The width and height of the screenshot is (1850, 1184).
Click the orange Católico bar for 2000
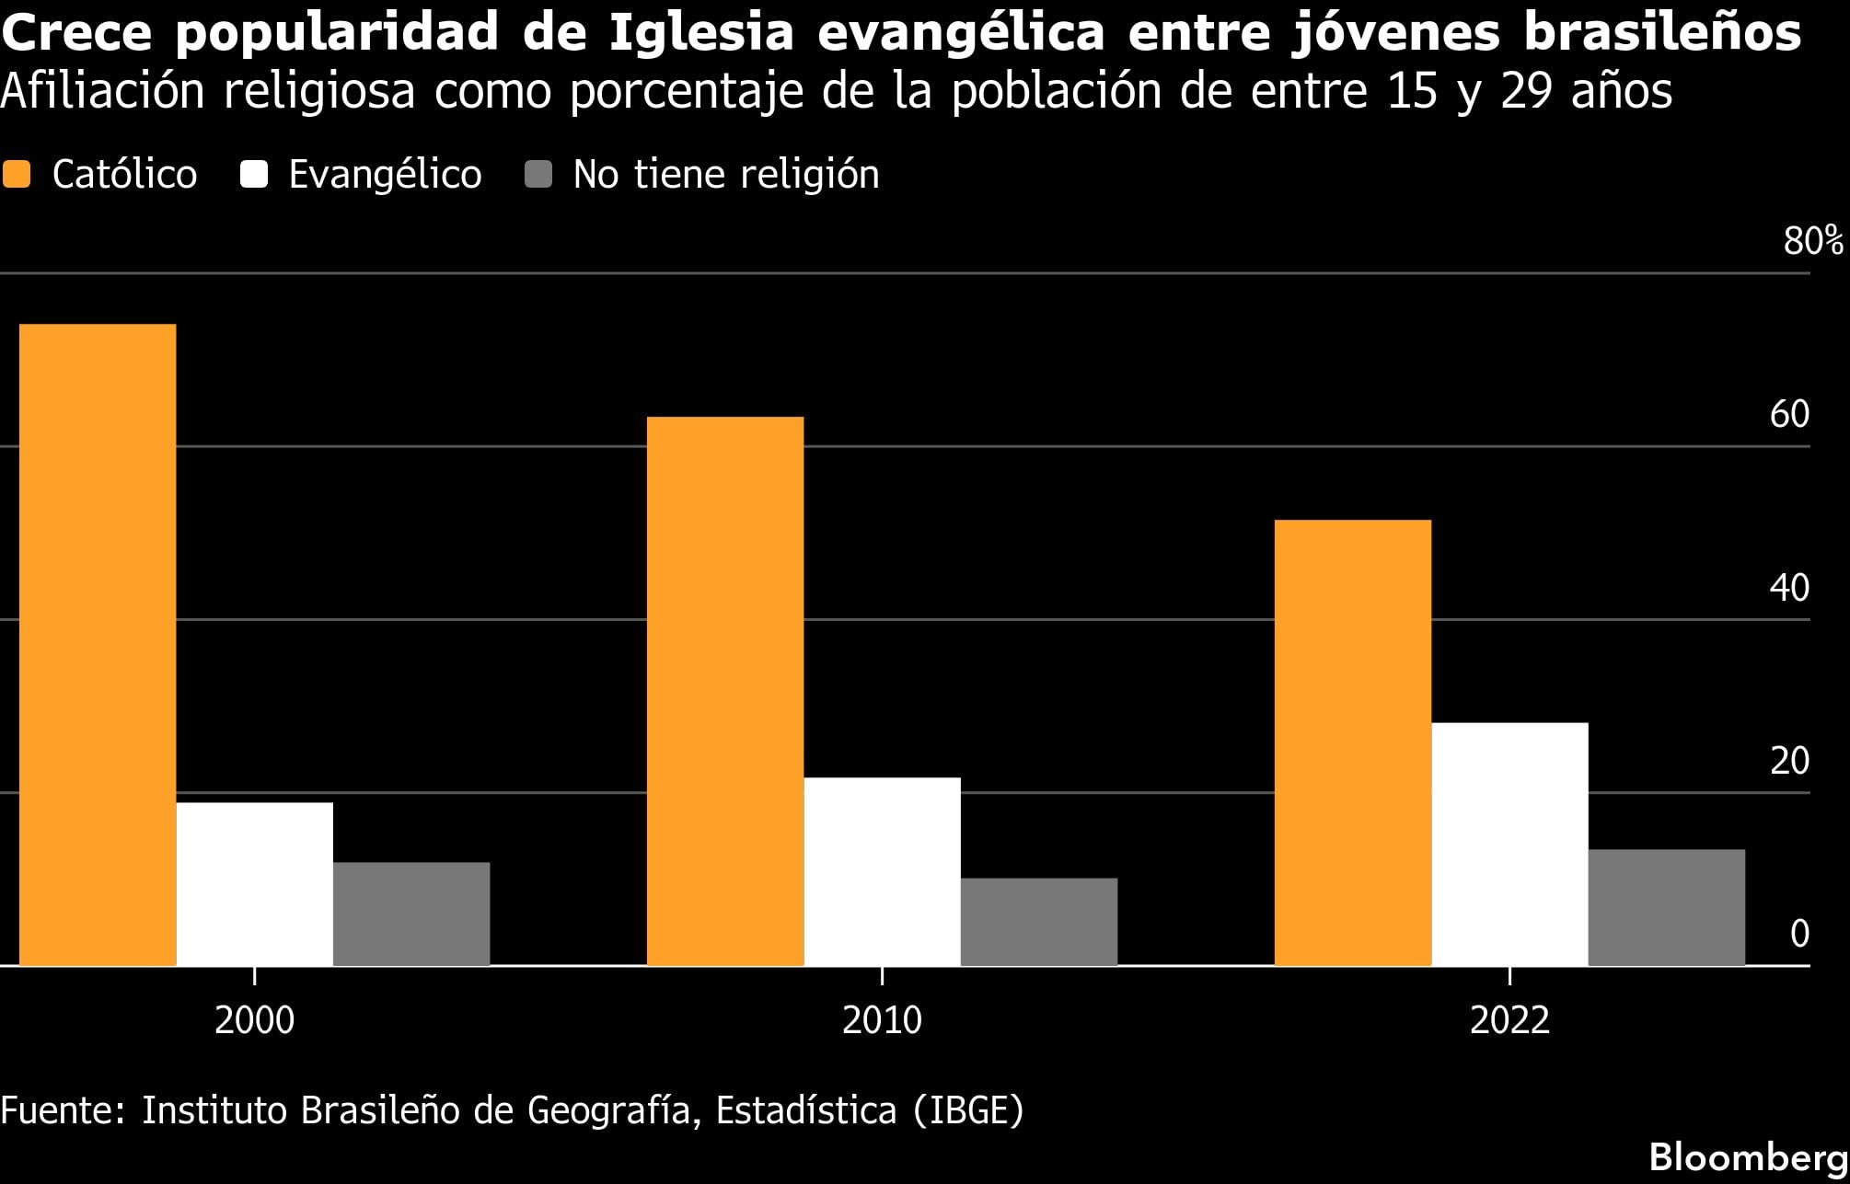98,644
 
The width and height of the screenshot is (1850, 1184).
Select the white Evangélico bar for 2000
255,883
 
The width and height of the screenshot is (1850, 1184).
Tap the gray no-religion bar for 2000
411,914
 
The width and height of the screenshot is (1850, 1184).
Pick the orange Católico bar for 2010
725,690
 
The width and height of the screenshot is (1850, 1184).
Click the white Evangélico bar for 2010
882,871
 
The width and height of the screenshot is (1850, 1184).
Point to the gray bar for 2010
1039,921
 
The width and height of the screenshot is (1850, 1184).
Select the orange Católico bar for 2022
1353,741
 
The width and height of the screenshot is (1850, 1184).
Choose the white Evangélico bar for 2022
1509,844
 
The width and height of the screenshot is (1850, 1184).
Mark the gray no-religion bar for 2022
1667,906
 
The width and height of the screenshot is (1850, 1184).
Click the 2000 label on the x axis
255,1020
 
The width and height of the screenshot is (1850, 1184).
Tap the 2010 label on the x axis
882,1020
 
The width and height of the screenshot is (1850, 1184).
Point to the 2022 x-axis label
1509,1020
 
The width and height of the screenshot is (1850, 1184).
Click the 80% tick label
1812,241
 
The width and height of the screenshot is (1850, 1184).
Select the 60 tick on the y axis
1789,415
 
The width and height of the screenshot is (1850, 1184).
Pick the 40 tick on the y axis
1789,588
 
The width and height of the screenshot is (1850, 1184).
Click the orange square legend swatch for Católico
17,174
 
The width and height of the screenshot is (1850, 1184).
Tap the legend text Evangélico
385,174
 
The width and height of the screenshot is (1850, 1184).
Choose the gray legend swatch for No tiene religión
538,174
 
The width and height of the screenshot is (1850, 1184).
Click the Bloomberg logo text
1748,1157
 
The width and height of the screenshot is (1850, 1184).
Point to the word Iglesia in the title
700,32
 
